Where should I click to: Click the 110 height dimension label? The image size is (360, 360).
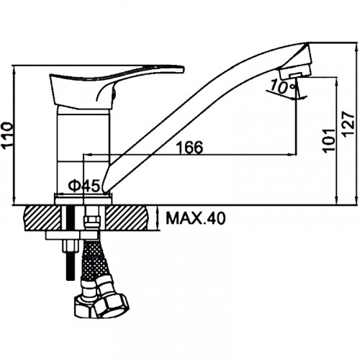tap(7, 135)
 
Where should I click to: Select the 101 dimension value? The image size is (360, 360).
tap(329, 140)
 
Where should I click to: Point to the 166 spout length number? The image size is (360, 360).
tap(189, 147)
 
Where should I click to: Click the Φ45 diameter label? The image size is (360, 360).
tap(84, 186)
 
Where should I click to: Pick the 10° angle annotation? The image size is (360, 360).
tap(282, 87)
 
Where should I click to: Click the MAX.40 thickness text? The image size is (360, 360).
tap(196, 218)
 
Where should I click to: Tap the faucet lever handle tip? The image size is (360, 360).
tap(182, 69)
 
